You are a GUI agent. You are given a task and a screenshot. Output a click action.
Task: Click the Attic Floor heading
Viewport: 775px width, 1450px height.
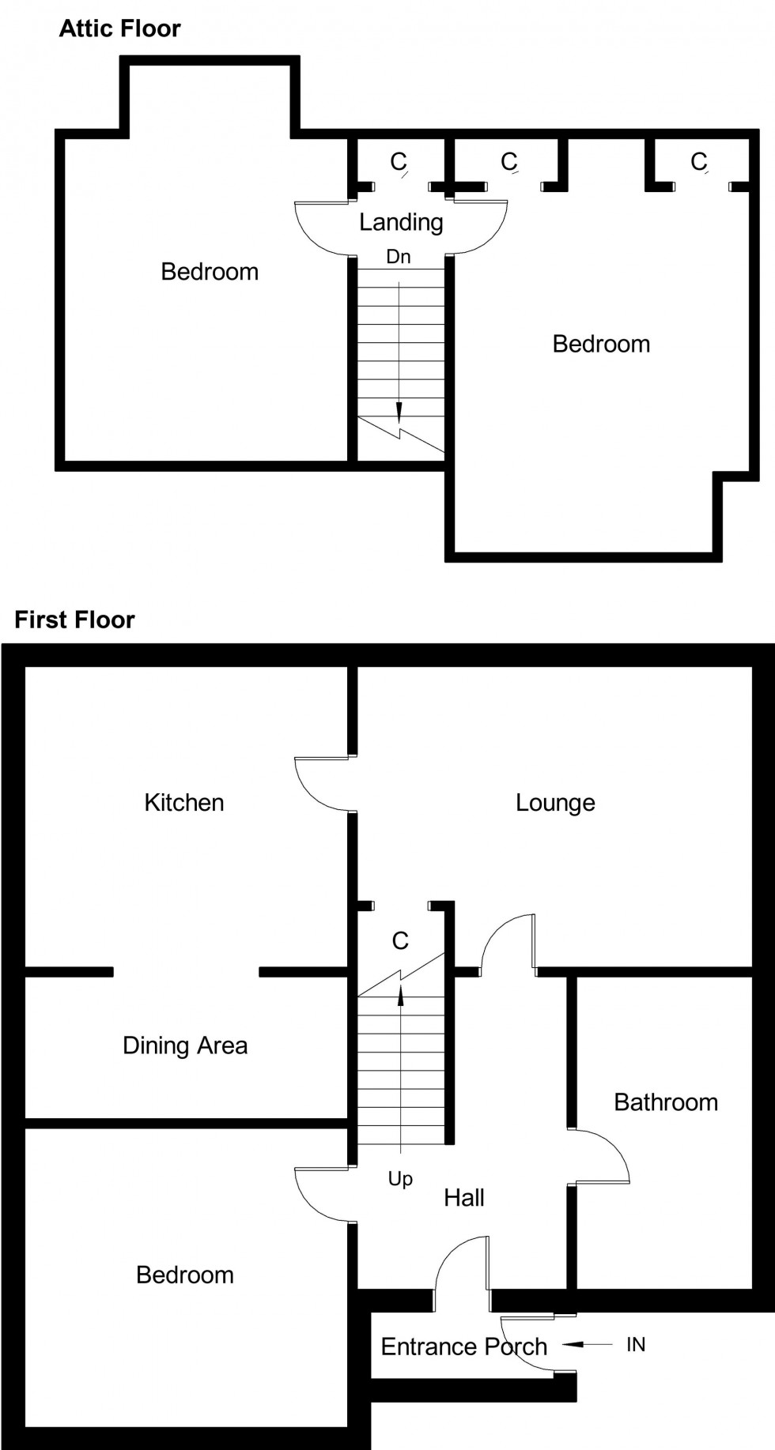tap(119, 28)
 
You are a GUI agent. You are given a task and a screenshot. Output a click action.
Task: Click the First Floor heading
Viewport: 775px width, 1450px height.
tap(74, 620)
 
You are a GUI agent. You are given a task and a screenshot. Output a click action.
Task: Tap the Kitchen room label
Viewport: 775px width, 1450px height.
tap(183, 802)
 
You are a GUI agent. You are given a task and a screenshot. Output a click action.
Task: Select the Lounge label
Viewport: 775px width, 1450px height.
tap(555, 802)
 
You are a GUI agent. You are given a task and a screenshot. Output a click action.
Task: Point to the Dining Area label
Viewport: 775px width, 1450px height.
tap(185, 1045)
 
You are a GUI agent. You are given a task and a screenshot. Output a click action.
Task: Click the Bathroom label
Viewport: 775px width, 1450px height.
tap(666, 1102)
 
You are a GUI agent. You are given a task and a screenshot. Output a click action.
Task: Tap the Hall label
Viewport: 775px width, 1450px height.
tap(463, 1197)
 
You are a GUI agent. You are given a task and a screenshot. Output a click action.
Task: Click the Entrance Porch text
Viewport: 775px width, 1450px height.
tap(463, 1346)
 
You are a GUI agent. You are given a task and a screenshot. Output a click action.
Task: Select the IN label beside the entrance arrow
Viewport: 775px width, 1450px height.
tap(636, 1344)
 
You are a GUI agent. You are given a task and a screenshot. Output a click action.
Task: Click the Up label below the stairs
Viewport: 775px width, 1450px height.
tap(400, 1179)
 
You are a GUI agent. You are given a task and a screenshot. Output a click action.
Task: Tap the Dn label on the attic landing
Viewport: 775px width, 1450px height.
tap(399, 257)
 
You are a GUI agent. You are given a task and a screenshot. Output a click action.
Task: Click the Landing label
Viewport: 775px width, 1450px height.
tap(401, 222)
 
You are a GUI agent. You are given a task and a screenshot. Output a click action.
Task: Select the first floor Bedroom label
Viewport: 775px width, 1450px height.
tap(185, 1275)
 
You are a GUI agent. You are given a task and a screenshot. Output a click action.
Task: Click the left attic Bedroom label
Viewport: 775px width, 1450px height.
tap(210, 272)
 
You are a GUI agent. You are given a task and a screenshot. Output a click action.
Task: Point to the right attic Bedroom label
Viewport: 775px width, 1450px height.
tap(601, 344)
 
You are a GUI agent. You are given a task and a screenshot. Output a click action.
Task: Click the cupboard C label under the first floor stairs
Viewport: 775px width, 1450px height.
tap(400, 940)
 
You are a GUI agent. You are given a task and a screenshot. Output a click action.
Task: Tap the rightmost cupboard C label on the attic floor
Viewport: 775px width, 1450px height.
tap(698, 161)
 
